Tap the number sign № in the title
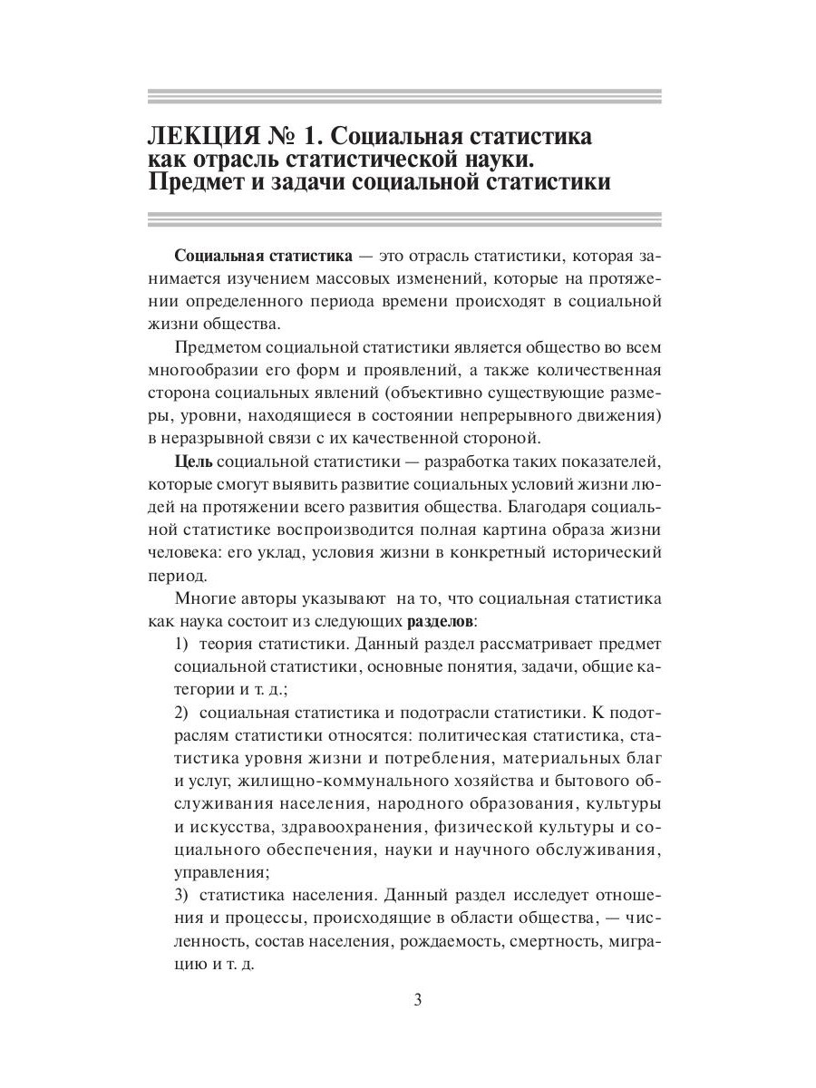pyautogui.click(x=275, y=137)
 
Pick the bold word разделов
pyautogui.click(x=440, y=622)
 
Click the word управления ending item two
pyautogui.click(x=220, y=873)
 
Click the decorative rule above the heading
pyautogui.click(x=404, y=96)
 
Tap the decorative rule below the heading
pyautogui.click(x=404, y=219)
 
